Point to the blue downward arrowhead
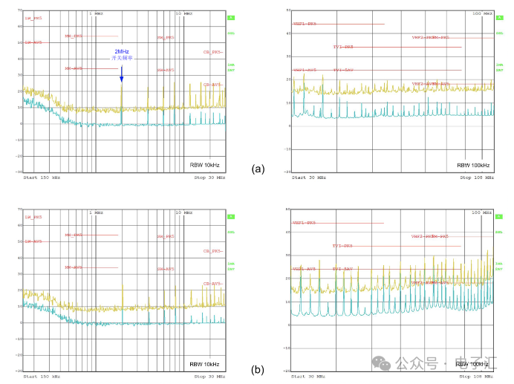(122, 79)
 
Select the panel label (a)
(258, 169)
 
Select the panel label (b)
(258, 369)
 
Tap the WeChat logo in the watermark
(381, 363)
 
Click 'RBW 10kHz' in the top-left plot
(204, 165)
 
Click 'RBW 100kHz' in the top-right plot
(473, 165)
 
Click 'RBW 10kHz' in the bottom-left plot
(204, 364)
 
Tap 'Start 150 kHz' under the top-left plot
(41, 178)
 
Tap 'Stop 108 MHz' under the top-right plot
(476, 178)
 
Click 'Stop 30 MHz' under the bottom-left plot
(209, 377)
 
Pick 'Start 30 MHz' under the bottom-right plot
(308, 377)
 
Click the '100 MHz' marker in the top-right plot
(483, 13)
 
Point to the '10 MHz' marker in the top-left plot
(183, 13)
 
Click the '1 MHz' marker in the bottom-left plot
(95, 212)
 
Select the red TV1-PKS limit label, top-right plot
(343, 47)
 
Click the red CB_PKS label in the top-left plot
(212, 52)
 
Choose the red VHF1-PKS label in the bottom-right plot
(304, 223)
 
